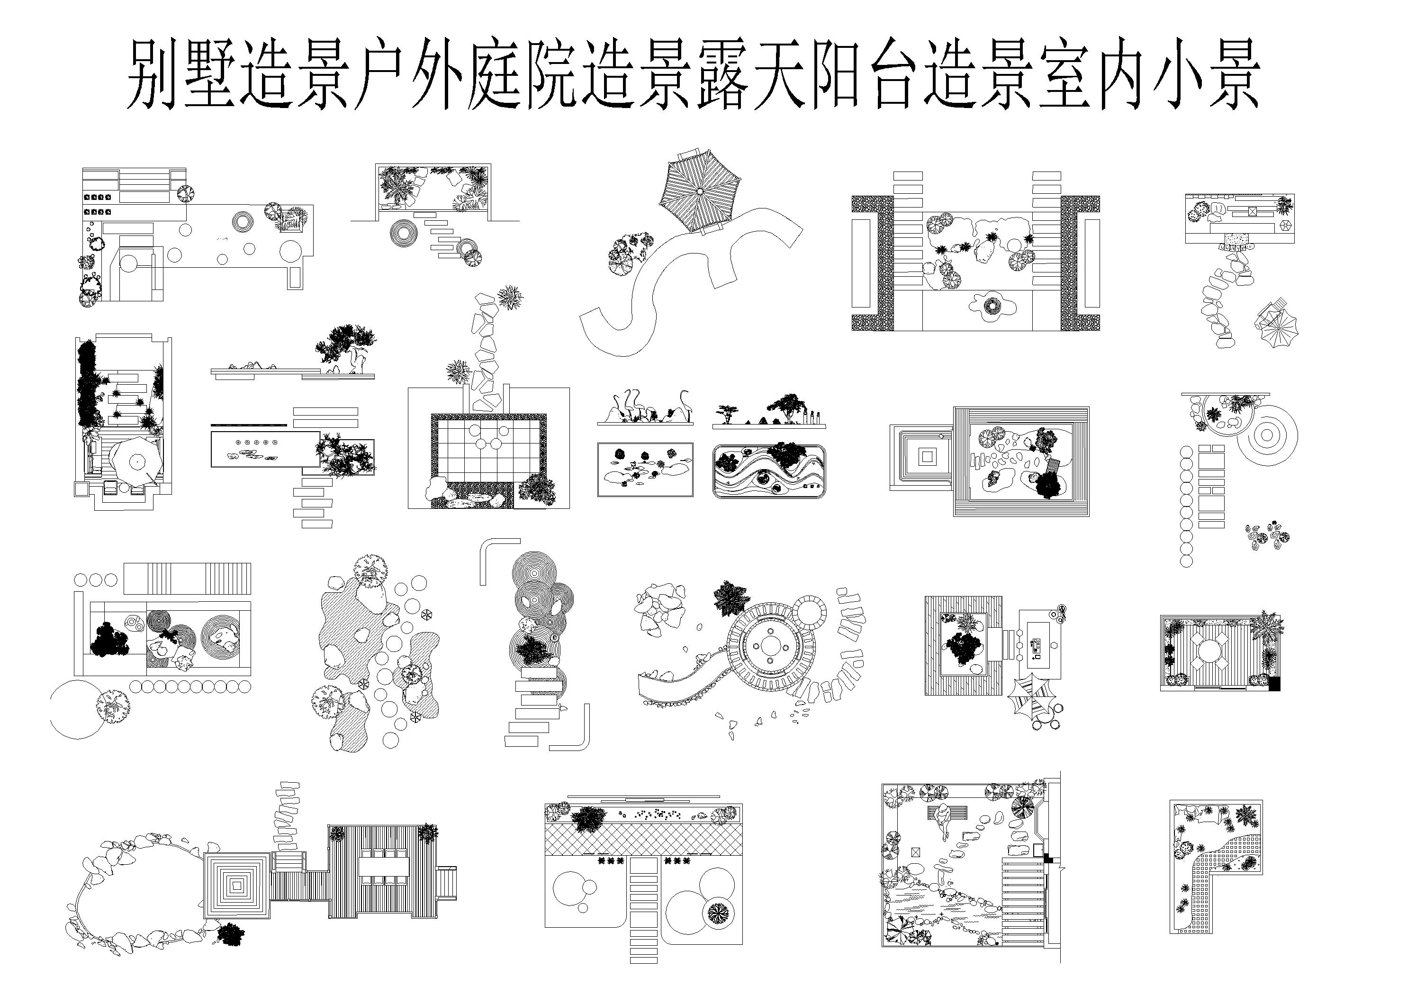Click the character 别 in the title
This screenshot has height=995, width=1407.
152,75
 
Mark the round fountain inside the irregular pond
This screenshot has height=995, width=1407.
990,305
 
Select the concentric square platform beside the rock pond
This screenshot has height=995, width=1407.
236,884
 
